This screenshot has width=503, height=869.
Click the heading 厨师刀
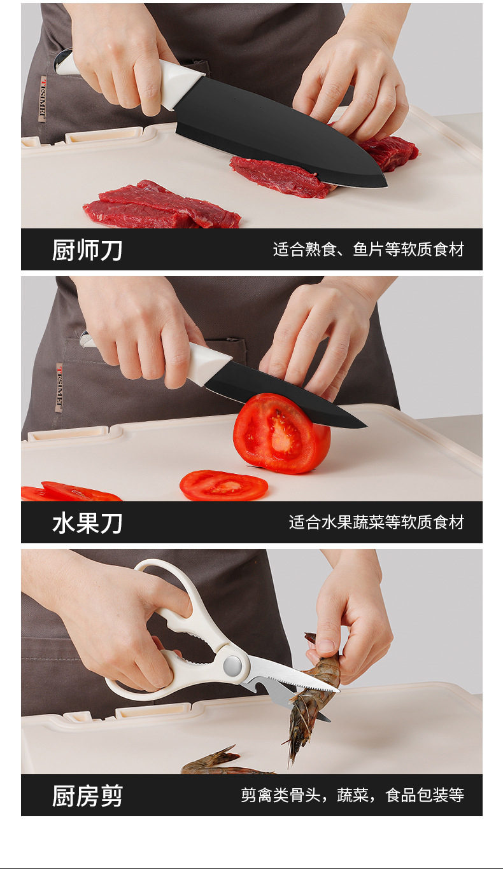(x=87, y=250)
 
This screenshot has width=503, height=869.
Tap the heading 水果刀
(x=87, y=523)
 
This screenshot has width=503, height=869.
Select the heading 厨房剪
(x=87, y=796)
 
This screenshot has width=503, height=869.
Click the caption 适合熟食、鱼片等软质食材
(x=369, y=249)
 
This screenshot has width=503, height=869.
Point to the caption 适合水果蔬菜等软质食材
(x=376, y=522)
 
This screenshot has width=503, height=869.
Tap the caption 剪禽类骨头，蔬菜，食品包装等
(x=353, y=795)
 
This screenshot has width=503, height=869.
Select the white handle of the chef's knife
(x=167, y=80)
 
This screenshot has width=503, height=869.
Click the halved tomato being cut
(x=281, y=433)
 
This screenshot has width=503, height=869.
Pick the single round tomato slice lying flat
(x=223, y=485)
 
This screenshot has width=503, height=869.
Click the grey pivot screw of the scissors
(x=232, y=665)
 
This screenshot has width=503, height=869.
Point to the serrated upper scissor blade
(x=292, y=673)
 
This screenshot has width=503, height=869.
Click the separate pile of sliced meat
(x=161, y=205)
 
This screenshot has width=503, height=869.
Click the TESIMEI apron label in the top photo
(x=43, y=99)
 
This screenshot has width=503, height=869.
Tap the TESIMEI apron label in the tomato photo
(x=59, y=387)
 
